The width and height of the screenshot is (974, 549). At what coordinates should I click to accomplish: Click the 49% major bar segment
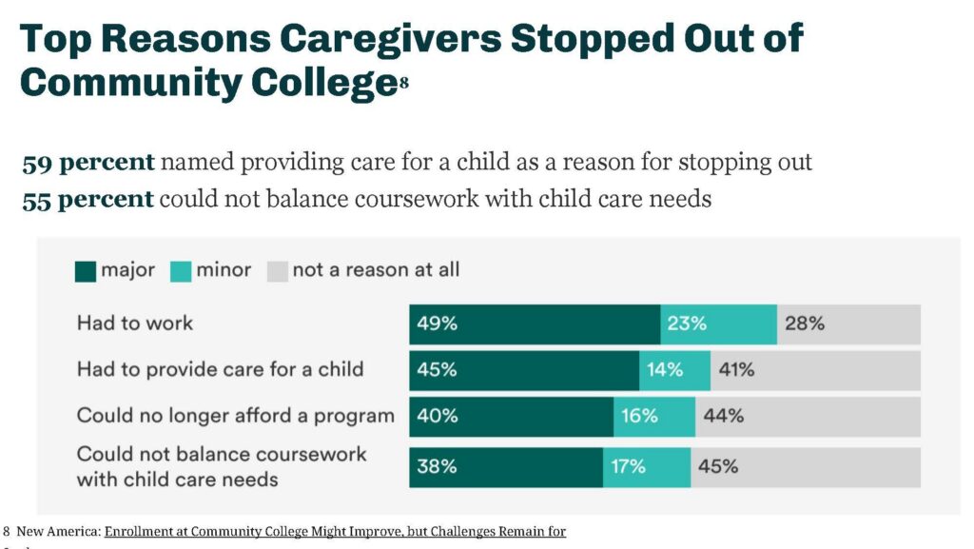click(x=535, y=324)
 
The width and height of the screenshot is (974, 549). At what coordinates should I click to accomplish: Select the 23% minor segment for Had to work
click(x=718, y=324)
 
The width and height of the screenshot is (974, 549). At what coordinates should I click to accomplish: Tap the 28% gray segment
click(x=848, y=324)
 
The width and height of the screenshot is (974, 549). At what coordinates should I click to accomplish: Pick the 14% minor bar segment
click(x=674, y=370)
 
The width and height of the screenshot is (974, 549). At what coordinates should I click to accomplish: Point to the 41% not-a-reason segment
click(x=815, y=370)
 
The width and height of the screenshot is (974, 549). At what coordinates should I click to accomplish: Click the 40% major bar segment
click(x=512, y=416)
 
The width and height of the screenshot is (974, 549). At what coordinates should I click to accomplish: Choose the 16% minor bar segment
click(x=654, y=416)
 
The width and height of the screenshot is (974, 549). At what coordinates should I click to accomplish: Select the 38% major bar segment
click(x=506, y=467)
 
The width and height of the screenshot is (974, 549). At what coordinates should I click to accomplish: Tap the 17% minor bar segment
click(x=647, y=467)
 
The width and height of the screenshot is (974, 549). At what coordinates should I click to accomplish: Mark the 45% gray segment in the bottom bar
click(x=806, y=467)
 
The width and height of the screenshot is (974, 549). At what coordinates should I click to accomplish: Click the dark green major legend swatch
click(x=86, y=271)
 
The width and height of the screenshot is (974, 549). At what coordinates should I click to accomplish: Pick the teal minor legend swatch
click(x=181, y=271)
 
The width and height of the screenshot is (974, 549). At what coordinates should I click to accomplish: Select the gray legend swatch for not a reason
click(x=277, y=271)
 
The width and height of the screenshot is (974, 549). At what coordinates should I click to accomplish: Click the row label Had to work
click(x=135, y=324)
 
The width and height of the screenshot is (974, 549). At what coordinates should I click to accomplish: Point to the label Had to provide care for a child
click(x=220, y=369)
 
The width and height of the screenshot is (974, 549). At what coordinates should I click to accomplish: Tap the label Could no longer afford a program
click(x=235, y=416)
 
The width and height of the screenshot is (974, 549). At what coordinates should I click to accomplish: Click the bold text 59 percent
click(x=88, y=163)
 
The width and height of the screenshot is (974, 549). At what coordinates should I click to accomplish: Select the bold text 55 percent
click(x=88, y=200)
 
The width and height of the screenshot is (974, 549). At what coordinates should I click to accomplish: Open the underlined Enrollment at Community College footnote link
click(x=335, y=531)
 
